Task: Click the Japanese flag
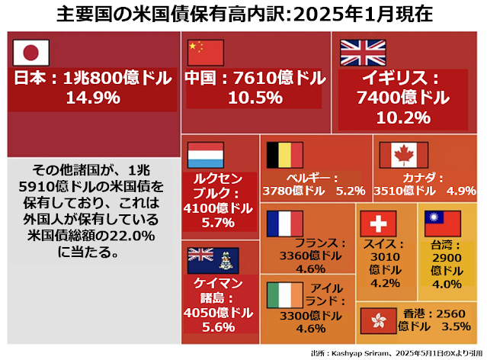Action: [x=31, y=53]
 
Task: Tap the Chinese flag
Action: [x=205, y=53]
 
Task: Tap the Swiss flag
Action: [x=376, y=223]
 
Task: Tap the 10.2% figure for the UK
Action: [x=403, y=117]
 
